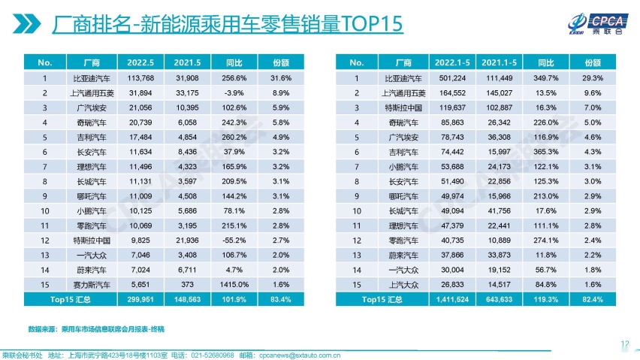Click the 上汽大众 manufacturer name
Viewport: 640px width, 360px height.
coord(403,284)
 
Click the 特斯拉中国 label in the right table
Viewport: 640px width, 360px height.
coord(403,107)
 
